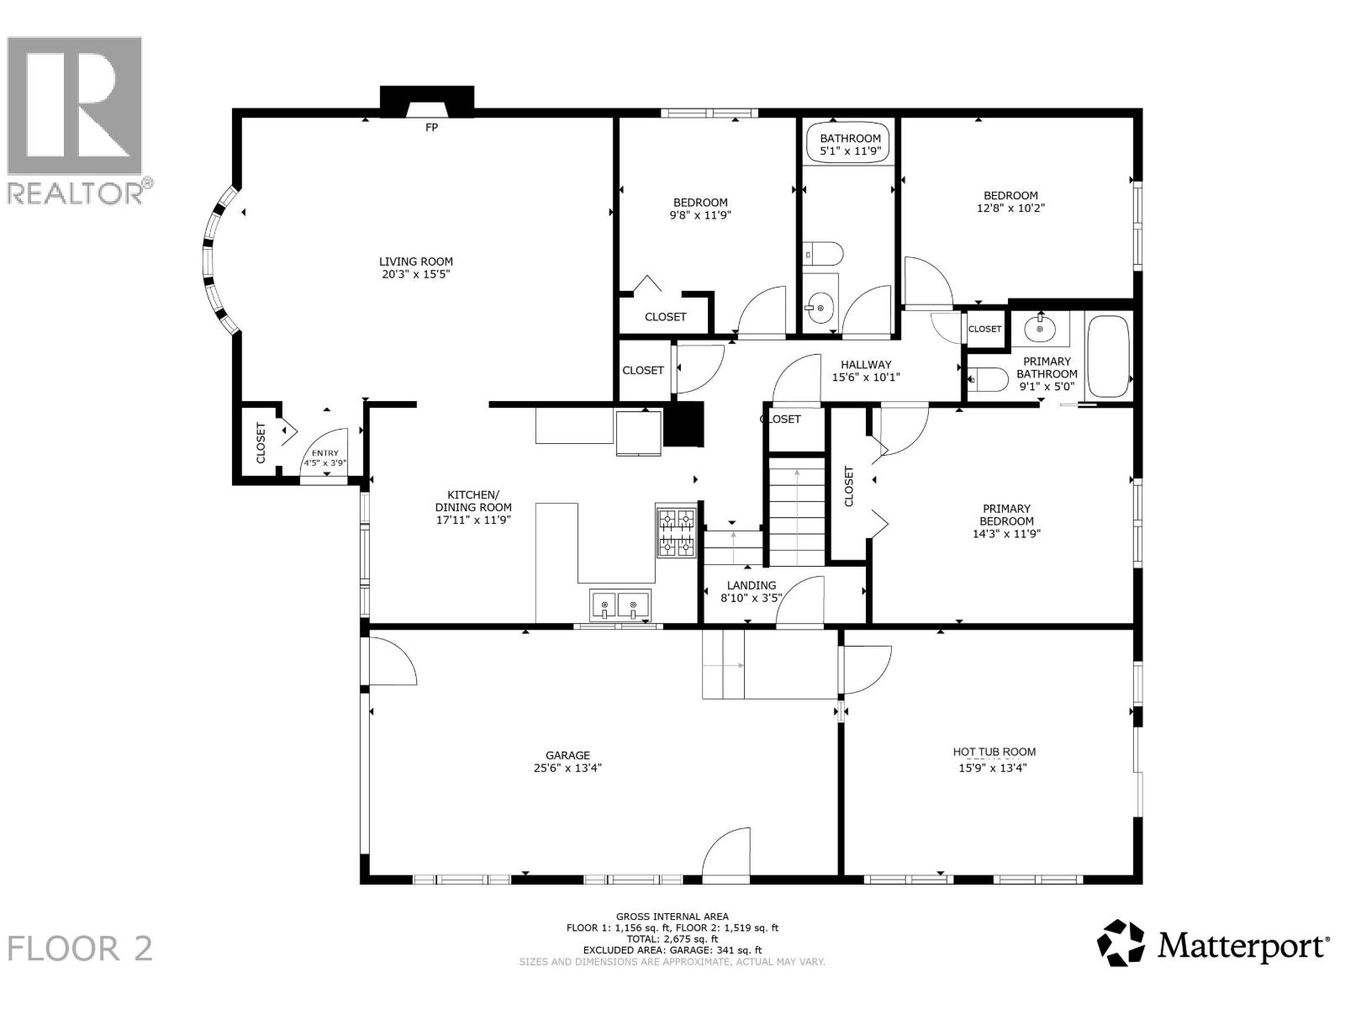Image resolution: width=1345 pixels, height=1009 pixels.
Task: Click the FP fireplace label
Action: [432, 128]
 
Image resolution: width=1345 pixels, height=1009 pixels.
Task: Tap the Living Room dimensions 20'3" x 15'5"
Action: [416, 274]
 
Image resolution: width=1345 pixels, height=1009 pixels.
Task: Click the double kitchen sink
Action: [620, 605]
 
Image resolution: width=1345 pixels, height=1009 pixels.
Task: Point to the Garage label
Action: [567, 755]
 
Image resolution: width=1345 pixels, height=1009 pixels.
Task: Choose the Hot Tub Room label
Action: [994, 752]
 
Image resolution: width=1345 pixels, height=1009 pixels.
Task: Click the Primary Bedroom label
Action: [1006, 515]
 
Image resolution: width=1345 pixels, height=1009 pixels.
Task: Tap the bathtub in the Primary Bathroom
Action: [1109, 357]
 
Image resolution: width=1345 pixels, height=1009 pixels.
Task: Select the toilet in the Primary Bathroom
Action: [988, 379]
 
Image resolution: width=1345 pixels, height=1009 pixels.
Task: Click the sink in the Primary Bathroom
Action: [1041, 329]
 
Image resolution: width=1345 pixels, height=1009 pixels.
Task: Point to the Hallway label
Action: [866, 365]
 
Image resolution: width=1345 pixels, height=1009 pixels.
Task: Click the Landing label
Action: [752, 585]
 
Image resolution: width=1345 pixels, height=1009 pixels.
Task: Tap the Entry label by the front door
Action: [324, 453]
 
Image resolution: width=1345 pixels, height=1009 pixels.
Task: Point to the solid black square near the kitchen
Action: [683, 424]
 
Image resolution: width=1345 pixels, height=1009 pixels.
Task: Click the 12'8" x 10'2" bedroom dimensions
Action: [1010, 208]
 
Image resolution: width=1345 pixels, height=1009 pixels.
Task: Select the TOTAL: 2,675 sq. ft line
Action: [672, 938]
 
